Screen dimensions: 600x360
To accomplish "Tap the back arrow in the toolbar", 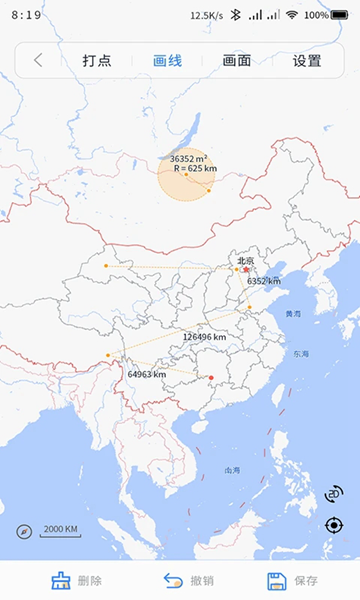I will click(x=38, y=60).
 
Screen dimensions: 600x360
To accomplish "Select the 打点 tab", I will click(x=97, y=60).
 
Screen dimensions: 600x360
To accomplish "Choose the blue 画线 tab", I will click(x=167, y=60).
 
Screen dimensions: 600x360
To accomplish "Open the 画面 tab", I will click(x=237, y=60).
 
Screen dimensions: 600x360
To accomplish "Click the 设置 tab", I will click(x=307, y=60).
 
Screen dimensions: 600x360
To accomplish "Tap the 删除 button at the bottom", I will click(x=76, y=580).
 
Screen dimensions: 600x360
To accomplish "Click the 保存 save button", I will click(x=293, y=580).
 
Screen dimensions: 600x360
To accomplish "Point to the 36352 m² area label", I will click(x=188, y=158).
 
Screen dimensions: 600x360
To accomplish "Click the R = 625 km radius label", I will click(x=195, y=168).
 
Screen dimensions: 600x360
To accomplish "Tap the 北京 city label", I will click(x=245, y=261).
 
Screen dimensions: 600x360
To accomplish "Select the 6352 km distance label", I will click(x=263, y=281).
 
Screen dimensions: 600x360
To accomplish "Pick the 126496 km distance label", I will click(x=204, y=337).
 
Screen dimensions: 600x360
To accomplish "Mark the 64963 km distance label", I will click(x=146, y=374).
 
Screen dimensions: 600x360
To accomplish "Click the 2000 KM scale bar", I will click(x=60, y=530).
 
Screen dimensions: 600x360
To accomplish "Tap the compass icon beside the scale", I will click(x=24, y=531).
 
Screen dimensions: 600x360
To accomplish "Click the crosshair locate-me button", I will click(x=334, y=525).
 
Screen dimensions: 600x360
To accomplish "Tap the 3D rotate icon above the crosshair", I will click(x=334, y=494).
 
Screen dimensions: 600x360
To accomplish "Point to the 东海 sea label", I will click(x=301, y=354).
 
